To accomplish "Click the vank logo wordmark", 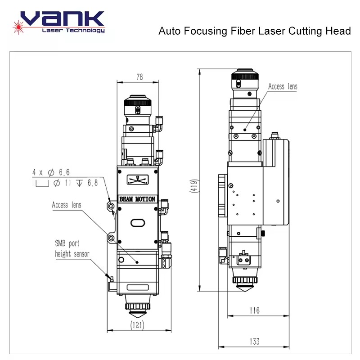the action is pos(63,18).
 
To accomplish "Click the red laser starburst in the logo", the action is pos(18,27).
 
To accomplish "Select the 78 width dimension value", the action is pos(139,77).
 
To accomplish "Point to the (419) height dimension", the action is pos(194,186).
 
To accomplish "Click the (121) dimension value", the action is pos(137,325).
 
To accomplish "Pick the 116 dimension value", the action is pos(255,310).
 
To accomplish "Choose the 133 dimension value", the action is pos(255,342).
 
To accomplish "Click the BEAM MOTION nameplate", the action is pos(137,199).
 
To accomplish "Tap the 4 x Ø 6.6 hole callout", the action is pos(51,172).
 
